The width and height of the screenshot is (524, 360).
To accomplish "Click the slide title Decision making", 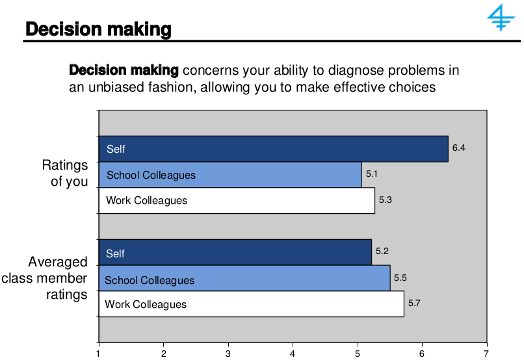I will (x=98, y=30).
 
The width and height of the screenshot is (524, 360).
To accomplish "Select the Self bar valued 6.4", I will (x=273, y=149).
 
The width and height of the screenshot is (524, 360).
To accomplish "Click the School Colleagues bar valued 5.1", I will (x=229, y=175).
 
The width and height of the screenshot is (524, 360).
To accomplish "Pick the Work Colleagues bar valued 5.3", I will (x=237, y=200).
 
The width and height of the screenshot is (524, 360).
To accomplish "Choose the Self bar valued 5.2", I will (x=235, y=253).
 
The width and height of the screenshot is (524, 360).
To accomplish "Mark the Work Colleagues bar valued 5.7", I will (x=251, y=304).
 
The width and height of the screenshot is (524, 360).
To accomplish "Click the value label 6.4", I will (x=458, y=148).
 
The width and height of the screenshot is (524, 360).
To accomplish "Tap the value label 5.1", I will (x=372, y=174).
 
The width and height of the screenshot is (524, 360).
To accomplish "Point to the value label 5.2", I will (x=382, y=251).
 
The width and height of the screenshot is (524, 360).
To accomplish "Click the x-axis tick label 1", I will (x=98, y=353).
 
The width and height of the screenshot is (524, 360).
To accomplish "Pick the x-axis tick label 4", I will (x=293, y=353).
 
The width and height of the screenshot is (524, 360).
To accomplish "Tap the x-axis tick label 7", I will (x=486, y=353).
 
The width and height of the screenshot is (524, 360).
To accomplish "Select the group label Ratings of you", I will (x=65, y=174).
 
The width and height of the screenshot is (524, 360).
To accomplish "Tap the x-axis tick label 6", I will (x=422, y=353).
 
